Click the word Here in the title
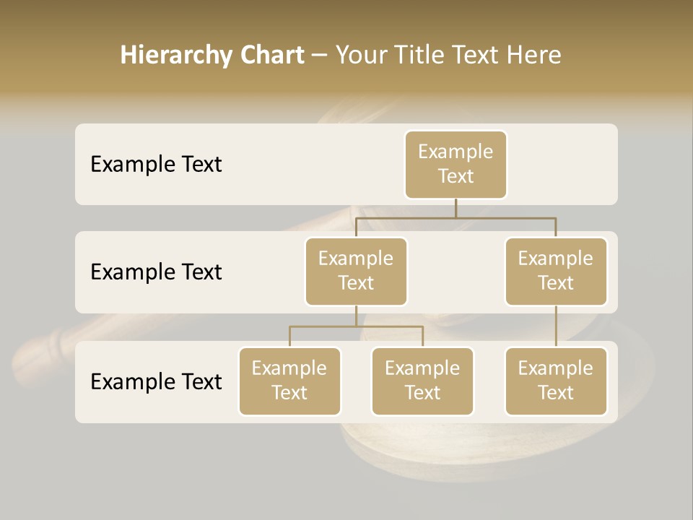[x=533, y=56]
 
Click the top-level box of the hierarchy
[x=456, y=164]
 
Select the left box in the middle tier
[x=356, y=271]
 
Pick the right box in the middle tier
[x=556, y=271]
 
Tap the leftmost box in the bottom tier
[x=289, y=381]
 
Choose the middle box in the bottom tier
[x=422, y=381]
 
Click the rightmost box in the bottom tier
[x=556, y=381]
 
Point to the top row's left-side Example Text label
[x=156, y=165]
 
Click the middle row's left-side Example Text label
[x=156, y=272]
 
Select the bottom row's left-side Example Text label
[x=156, y=381]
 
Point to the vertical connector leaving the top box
[x=456, y=207]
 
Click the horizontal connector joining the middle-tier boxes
[x=456, y=217]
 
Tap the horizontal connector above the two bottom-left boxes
[x=356, y=326]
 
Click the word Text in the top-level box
[x=456, y=176]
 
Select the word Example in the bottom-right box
[x=556, y=368]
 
